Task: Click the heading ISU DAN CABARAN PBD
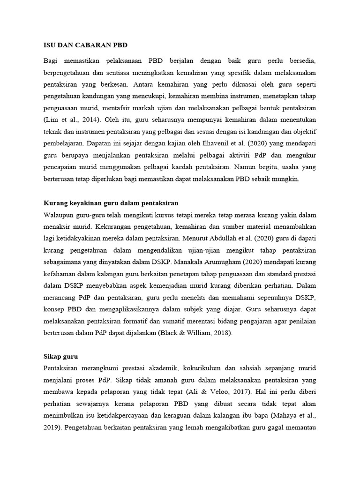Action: coord(85,45)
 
